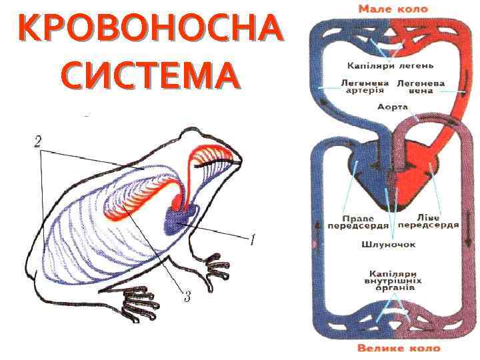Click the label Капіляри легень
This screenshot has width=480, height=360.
[x=391, y=65]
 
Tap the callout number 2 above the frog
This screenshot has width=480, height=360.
[x=38, y=141]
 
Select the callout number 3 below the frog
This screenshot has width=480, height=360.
[x=187, y=297]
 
